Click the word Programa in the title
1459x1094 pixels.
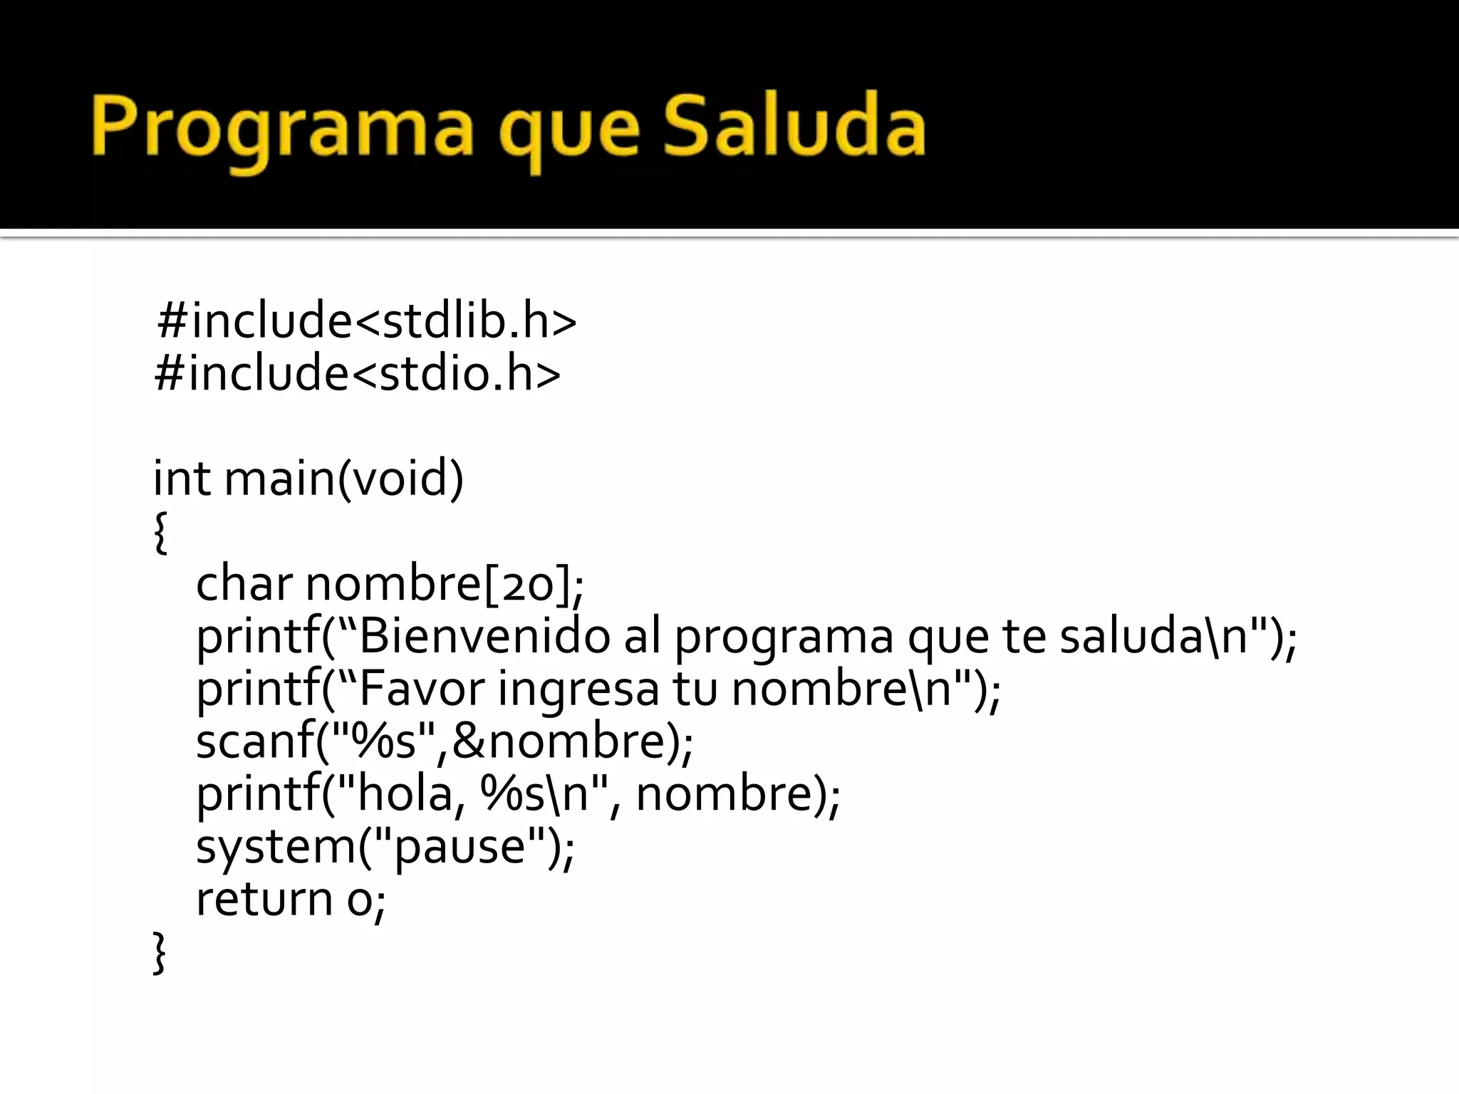tap(281, 128)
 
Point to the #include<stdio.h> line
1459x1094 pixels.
tap(358, 373)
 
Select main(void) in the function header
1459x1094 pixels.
tap(344, 479)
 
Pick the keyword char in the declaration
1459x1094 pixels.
tap(244, 583)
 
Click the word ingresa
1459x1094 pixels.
tap(578, 689)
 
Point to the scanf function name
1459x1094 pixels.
tap(254, 741)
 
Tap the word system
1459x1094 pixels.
tap(275, 846)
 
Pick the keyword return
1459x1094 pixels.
tap(264, 899)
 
